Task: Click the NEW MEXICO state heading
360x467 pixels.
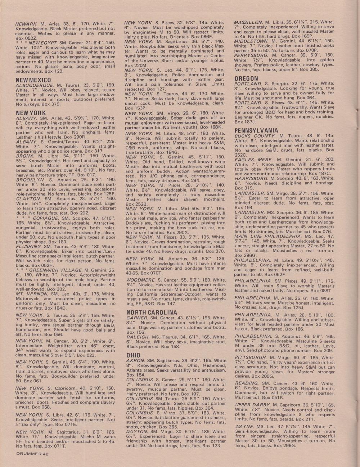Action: pyautogui.click(x=33, y=80)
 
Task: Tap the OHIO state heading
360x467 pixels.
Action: pyautogui.click(x=133, y=355)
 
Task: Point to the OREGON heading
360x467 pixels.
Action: pyautogui.click(x=246, y=78)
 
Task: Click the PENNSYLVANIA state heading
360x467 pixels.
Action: pyautogui.click(x=256, y=130)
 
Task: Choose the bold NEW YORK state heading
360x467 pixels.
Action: pyautogui.click(x=31, y=113)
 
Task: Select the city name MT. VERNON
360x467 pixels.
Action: pyautogui.click(x=31, y=294)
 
